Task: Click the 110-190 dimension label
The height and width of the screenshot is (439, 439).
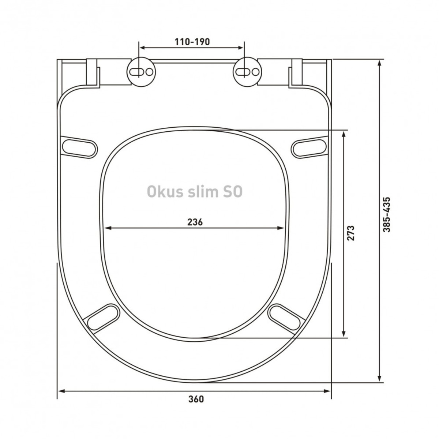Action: (x=192, y=42)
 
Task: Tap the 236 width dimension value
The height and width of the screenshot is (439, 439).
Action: (x=195, y=222)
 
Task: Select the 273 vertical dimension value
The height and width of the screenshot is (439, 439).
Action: (x=351, y=233)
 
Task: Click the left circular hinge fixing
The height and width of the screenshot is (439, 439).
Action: (x=141, y=72)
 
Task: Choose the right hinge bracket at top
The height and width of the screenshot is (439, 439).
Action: (x=296, y=73)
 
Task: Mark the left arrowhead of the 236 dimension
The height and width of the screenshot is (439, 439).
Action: (x=107, y=228)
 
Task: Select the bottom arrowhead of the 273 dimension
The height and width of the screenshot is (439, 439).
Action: (x=344, y=334)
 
